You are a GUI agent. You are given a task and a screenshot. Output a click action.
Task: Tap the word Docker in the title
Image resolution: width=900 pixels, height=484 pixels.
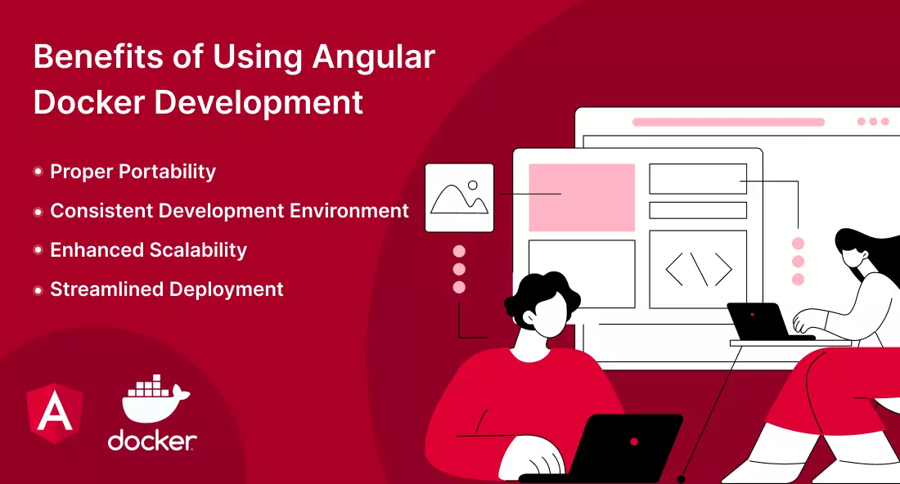point(89,102)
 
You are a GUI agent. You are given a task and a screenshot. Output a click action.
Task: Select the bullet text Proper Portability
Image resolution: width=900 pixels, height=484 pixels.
point(133,172)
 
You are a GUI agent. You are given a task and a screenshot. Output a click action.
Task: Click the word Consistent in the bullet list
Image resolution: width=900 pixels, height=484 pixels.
point(101,210)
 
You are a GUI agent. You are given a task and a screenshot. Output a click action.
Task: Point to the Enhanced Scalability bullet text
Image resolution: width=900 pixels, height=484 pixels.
point(148,251)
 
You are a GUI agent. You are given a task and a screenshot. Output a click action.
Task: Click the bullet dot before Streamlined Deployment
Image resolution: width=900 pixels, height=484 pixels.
point(38,290)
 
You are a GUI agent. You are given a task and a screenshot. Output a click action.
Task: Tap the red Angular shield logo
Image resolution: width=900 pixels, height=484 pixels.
point(55,412)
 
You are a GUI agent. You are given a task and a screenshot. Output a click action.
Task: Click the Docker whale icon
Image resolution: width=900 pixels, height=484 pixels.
point(154,398)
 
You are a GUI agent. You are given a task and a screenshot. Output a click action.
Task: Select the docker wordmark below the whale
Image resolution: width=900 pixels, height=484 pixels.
point(152,441)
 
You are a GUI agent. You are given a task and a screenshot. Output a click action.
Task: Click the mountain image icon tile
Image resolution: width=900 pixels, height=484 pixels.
point(459,198)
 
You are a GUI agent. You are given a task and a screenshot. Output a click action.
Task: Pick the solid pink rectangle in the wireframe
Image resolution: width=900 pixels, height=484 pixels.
point(582,197)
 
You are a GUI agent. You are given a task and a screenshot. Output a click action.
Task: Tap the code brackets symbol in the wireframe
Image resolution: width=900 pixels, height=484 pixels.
point(699,268)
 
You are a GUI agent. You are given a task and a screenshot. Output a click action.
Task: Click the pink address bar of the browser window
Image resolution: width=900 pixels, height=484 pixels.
point(728,122)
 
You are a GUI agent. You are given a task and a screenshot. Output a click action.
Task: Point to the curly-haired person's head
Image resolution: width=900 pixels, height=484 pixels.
point(542,304)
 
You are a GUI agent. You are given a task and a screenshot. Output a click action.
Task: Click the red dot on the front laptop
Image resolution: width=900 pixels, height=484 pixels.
point(633,441)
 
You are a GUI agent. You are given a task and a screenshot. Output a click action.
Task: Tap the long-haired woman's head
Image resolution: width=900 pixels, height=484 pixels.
point(858,253)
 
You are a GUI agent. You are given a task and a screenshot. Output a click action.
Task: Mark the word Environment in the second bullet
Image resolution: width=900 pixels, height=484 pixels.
point(349,210)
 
